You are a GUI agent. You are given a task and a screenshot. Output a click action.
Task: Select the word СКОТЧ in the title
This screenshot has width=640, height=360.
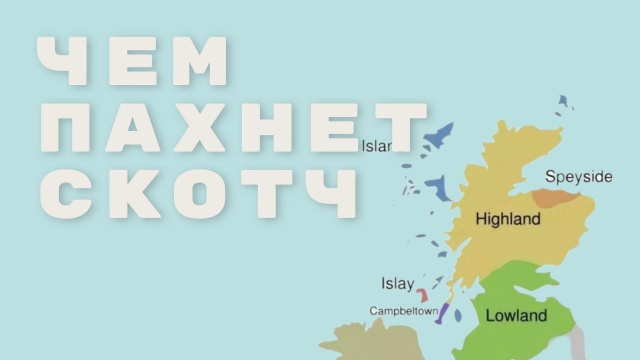click(x=205, y=194)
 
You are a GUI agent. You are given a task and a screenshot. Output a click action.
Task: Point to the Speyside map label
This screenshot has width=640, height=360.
click(x=579, y=177)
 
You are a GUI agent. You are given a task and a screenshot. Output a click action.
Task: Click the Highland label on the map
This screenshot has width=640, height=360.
click(x=508, y=219)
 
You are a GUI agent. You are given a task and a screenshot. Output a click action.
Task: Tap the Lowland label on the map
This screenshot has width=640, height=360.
click(x=516, y=315)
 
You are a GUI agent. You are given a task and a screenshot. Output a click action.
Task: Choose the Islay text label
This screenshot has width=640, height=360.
click(x=397, y=284)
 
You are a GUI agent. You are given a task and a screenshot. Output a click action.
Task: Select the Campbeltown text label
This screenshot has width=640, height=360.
click(x=404, y=310)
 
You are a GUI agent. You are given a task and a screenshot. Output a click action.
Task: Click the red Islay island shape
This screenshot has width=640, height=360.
click(x=423, y=295)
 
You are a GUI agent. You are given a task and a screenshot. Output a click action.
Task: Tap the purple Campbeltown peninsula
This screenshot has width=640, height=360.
click(x=442, y=314)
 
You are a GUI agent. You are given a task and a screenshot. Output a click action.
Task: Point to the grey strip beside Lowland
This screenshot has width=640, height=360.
click(x=577, y=341)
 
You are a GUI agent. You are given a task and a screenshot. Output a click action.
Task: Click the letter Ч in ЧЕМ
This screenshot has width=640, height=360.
click(x=61, y=61)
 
